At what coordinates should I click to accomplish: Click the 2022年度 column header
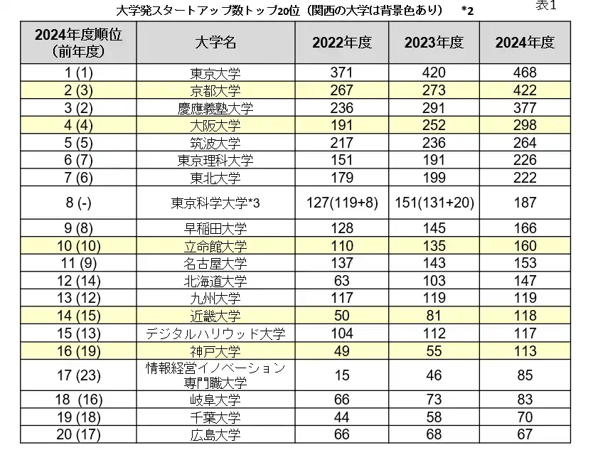(x=342, y=43)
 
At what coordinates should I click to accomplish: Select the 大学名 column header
(x=215, y=43)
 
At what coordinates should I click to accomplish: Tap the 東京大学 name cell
(x=215, y=73)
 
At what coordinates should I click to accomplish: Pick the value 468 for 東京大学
(x=525, y=73)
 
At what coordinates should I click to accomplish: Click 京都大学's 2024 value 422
(x=525, y=91)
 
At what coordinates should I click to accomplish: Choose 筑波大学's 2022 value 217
(x=342, y=143)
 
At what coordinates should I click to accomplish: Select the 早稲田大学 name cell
(x=215, y=230)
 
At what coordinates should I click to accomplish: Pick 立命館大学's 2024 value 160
(x=525, y=247)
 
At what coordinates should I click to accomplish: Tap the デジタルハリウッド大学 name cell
(x=215, y=333)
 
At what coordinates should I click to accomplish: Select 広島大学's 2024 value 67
(x=525, y=434)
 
